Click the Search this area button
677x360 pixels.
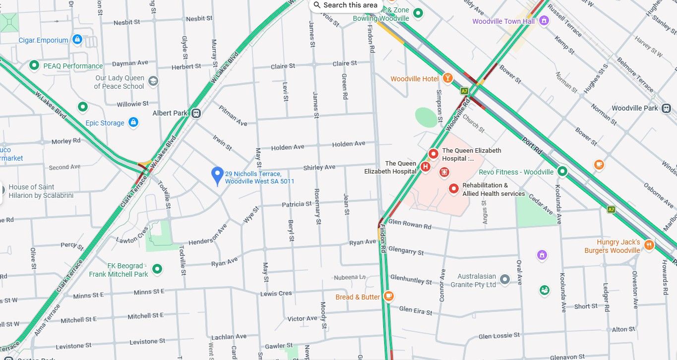tap(345, 5)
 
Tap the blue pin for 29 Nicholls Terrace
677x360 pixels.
tap(217, 176)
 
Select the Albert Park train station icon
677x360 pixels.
tap(196, 113)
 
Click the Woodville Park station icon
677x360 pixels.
tap(667, 108)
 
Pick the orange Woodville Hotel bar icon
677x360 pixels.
tap(448, 78)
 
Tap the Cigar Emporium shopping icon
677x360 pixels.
tap(77, 39)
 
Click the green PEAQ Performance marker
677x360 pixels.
tap(34, 65)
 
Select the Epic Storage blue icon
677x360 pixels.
tap(133, 122)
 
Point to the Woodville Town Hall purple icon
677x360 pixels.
tap(544, 21)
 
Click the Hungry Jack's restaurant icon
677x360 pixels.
tap(649, 244)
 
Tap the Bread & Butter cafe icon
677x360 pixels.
tap(389, 297)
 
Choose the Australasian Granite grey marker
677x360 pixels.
tap(505, 280)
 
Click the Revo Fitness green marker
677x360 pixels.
tap(562, 172)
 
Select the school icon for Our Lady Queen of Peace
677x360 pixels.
tap(153, 81)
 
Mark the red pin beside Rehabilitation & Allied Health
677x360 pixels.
tap(453, 188)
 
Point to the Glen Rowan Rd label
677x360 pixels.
tap(410, 224)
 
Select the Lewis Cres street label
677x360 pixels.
tap(276, 294)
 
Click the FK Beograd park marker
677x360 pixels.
tap(157, 269)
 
